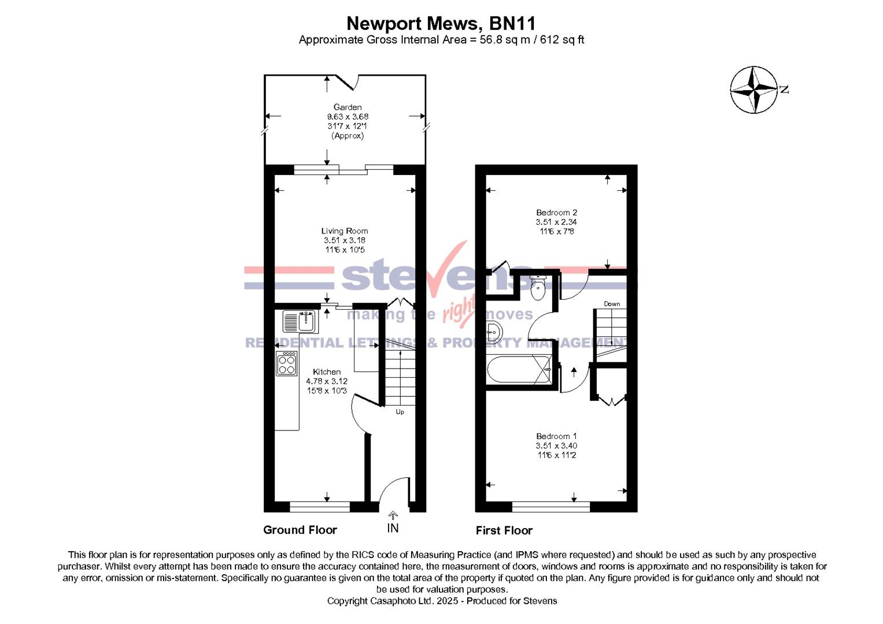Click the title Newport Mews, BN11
[441, 24]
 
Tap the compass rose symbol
[754, 90]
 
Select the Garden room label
[348, 107]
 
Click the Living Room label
[345, 231]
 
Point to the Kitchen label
[327, 372]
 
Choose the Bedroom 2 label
[556, 213]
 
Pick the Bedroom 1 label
[556, 436]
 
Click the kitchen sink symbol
[300, 321]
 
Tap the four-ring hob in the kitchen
[287, 364]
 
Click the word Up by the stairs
[400, 412]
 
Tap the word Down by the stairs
[612, 304]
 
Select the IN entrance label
[393, 528]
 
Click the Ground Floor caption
[300, 530]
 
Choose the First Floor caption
[504, 530]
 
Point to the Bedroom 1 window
[551, 507]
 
